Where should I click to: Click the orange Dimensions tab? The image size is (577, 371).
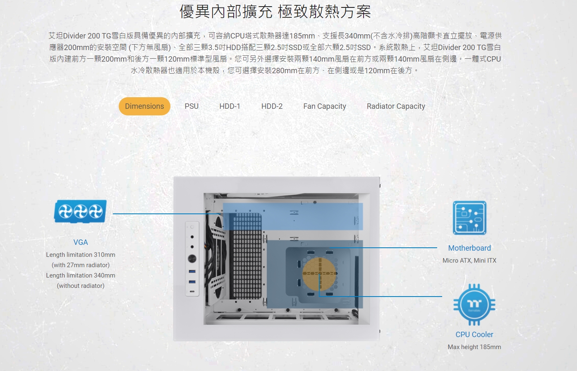click(x=144, y=106)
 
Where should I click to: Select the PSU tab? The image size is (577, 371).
click(x=192, y=106)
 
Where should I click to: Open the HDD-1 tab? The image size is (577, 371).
click(x=230, y=106)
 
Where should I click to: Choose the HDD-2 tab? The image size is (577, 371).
click(x=272, y=106)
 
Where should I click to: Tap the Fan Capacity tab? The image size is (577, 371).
click(x=325, y=106)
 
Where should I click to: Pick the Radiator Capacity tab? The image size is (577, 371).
click(x=396, y=106)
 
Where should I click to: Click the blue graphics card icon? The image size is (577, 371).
click(x=80, y=211)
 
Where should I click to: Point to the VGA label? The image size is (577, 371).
click(x=81, y=242)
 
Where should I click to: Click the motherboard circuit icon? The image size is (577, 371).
click(x=469, y=218)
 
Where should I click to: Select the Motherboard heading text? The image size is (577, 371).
click(x=469, y=248)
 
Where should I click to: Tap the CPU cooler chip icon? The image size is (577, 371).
click(x=474, y=304)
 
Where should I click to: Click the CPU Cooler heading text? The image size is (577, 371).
click(x=474, y=335)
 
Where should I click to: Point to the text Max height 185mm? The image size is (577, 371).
click(x=474, y=347)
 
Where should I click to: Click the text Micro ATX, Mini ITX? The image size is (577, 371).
click(x=469, y=261)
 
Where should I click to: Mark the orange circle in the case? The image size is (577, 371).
click(x=319, y=274)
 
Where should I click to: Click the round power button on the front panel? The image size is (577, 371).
click(x=192, y=259)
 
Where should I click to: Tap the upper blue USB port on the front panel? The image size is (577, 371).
click(x=192, y=271)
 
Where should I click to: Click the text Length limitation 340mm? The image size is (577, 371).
click(x=81, y=275)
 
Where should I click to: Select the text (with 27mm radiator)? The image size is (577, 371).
click(x=81, y=265)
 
